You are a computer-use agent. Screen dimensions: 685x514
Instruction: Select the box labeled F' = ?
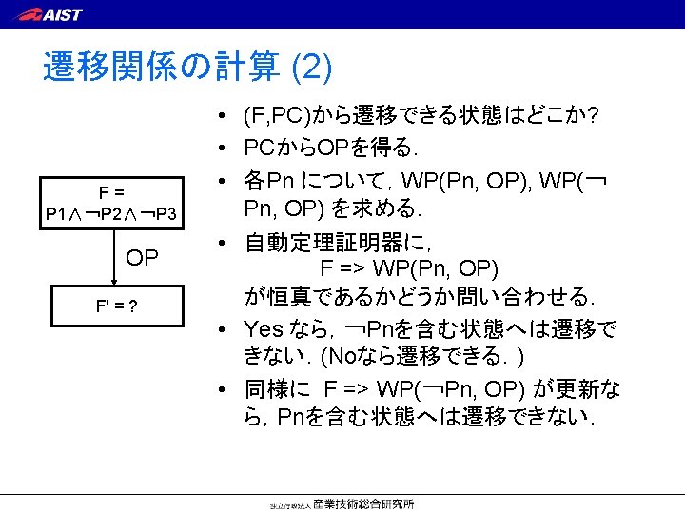pyautogui.click(x=110, y=307)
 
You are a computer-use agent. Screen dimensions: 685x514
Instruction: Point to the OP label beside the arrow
pyautogui.click(x=144, y=258)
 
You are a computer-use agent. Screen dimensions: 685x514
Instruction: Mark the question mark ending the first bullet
pyautogui.click(x=594, y=117)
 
